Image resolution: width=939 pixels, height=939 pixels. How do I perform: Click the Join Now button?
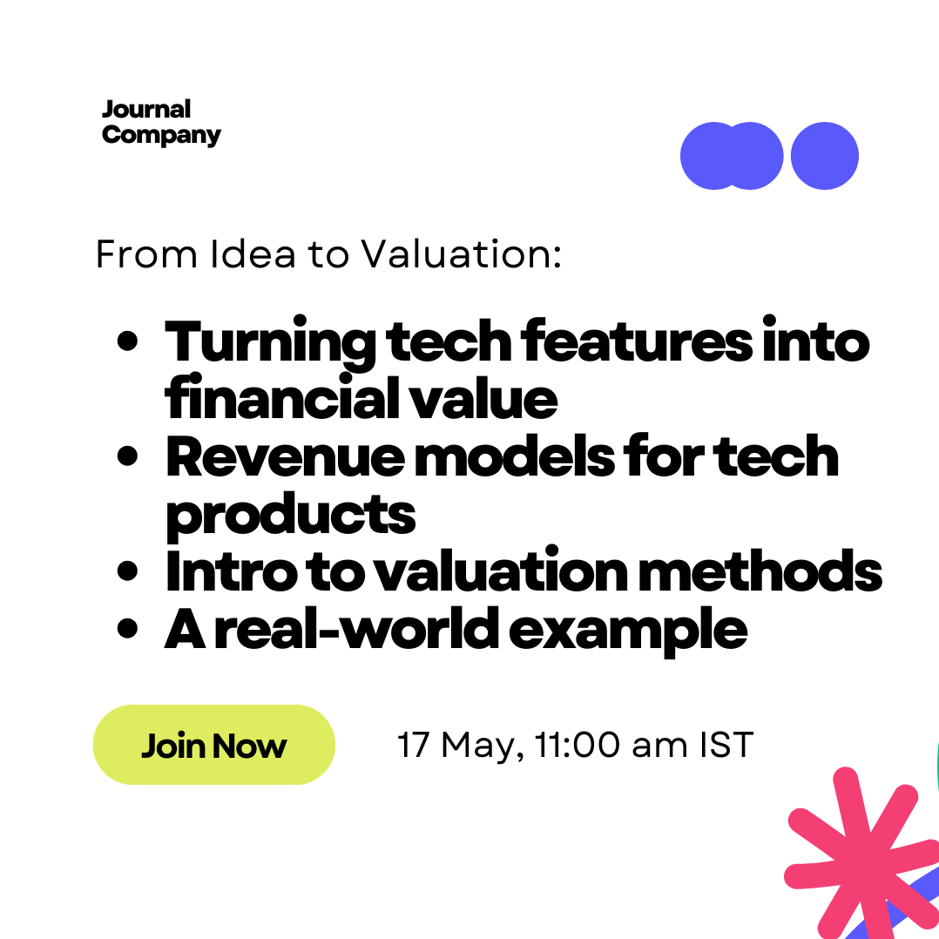pyautogui.click(x=213, y=745)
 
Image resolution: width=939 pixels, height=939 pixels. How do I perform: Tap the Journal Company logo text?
pyautogui.click(x=161, y=123)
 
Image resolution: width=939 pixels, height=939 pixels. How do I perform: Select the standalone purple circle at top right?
pyautogui.click(x=825, y=156)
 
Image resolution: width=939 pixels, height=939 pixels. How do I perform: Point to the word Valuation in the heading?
pyautogui.click(x=462, y=254)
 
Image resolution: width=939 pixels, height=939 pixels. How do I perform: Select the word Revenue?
pyautogui.click(x=285, y=457)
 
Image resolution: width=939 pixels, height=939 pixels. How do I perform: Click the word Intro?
pyautogui.click(x=231, y=570)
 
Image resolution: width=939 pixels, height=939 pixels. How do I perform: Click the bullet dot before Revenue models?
pyautogui.click(x=127, y=456)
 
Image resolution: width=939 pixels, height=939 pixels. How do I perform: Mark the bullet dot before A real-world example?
pyautogui.click(x=127, y=629)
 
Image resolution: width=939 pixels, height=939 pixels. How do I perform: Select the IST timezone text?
pyautogui.click(x=726, y=745)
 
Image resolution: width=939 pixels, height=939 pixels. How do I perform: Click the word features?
pyautogui.click(x=637, y=341)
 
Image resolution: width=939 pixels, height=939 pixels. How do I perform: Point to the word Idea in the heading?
pyautogui.click(x=253, y=254)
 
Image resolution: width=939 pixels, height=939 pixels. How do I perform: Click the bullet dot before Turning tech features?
pyautogui.click(x=127, y=341)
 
